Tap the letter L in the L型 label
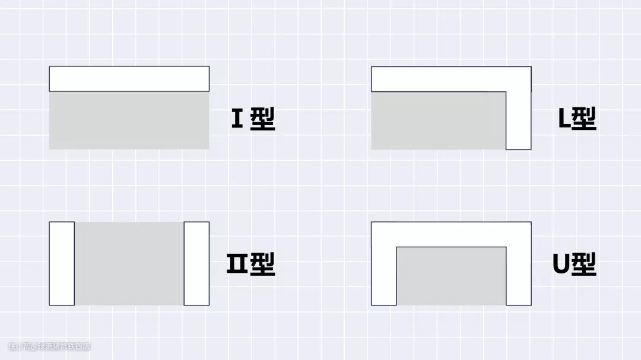[x=564, y=119]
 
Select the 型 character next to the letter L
[x=585, y=119]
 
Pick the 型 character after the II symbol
[x=263, y=264]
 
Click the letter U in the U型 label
[x=561, y=264]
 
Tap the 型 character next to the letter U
[x=585, y=264]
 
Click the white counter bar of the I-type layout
[x=129, y=79]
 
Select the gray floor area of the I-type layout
[x=129, y=120]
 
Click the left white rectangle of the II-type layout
[x=62, y=263]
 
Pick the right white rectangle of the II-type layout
[x=196, y=263]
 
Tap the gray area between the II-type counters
[x=129, y=263]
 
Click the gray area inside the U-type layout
[x=451, y=276]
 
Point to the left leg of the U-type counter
[x=383, y=276]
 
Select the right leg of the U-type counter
[x=518, y=276]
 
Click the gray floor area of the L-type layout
[x=438, y=120]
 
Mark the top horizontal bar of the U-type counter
[x=451, y=234]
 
